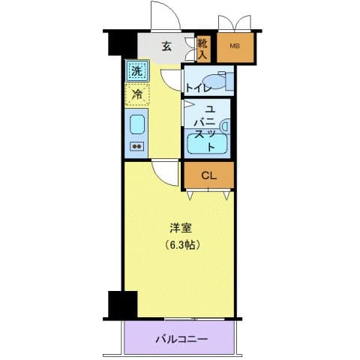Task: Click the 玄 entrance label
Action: (x=166, y=46)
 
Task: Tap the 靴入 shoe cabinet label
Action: (x=203, y=49)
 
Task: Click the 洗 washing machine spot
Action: (x=136, y=71)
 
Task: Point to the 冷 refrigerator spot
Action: (x=136, y=95)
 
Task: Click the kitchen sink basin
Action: (x=137, y=123)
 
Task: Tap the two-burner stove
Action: (x=137, y=146)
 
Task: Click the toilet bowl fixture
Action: (x=217, y=80)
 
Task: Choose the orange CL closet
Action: (x=209, y=175)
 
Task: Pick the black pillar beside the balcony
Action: (x=122, y=303)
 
